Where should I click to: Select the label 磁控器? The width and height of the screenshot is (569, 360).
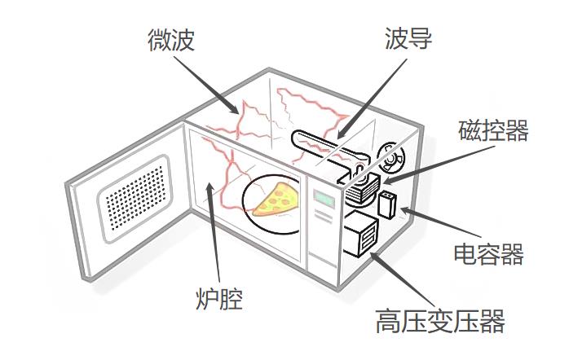tap(493, 130)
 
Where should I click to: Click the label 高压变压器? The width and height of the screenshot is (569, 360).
tap(440, 320)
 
